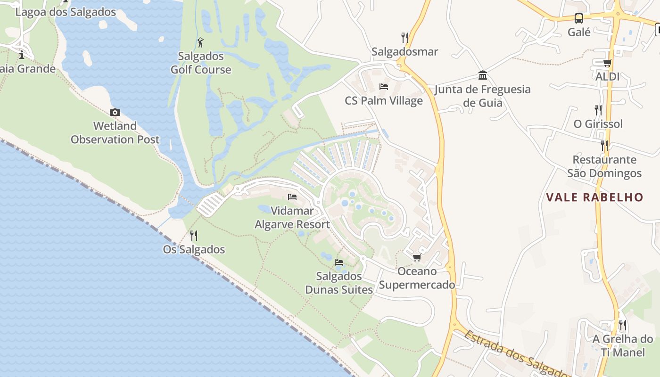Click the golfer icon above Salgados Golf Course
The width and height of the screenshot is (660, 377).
(x=200, y=42)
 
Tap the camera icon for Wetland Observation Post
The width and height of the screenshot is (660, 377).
(x=115, y=112)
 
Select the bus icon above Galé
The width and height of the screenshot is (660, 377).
(x=579, y=18)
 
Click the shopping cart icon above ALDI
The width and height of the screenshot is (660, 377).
(x=607, y=63)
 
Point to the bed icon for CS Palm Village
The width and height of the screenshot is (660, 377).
(x=384, y=87)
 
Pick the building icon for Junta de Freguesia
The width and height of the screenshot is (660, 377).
(x=483, y=75)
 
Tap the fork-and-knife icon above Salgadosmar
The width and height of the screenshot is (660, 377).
(x=404, y=37)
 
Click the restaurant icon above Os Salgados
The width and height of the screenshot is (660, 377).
(x=194, y=236)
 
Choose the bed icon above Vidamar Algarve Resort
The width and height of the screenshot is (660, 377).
(x=292, y=197)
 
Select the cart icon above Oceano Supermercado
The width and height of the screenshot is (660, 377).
(x=417, y=258)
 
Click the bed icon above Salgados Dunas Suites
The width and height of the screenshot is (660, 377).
(x=338, y=262)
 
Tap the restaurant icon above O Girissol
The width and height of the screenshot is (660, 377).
(x=598, y=110)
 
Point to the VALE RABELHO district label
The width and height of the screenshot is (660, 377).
(x=594, y=197)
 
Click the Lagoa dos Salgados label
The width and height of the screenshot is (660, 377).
(x=66, y=12)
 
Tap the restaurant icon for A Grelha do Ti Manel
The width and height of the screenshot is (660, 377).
(x=623, y=325)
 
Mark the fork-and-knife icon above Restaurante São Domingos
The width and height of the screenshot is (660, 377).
(x=604, y=146)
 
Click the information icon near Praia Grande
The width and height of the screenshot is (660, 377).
(x=21, y=55)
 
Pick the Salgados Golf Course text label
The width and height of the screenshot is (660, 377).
(x=201, y=63)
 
